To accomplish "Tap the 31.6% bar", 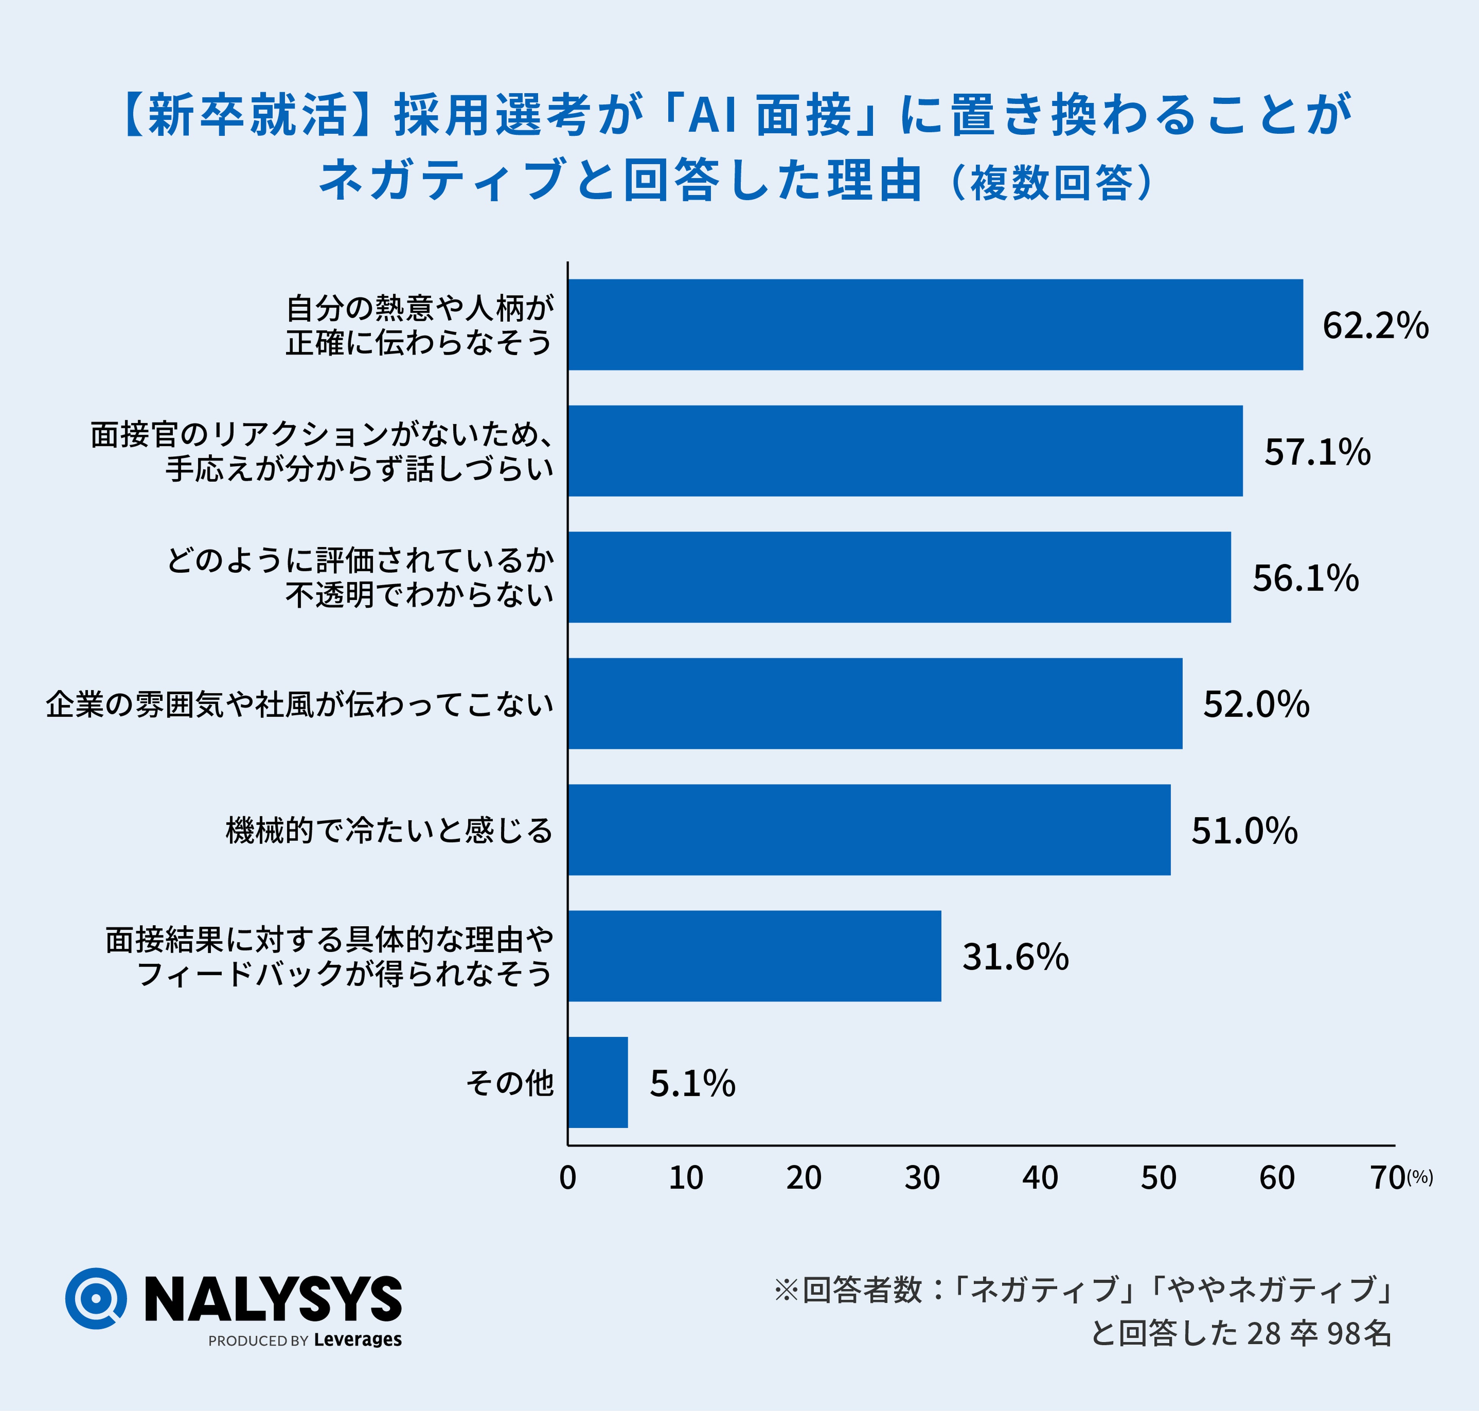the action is pyautogui.click(x=755, y=956).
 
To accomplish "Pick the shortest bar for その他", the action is pyautogui.click(x=598, y=1082).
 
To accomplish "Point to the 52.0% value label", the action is pyautogui.click(x=1256, y=705).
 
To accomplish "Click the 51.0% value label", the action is pyautogui.click(x=1244, y=831).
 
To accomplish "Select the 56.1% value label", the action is pyautogui.click(x=1305, y=578).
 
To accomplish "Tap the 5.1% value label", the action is pyautogui.click(x=692, y=1084).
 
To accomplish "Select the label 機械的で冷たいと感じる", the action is pyautogui.click(x=389, y=830).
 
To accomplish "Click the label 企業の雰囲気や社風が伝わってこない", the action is pyautogui.click(x=299, y=704).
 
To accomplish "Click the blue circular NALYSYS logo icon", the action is pyautogui.click(x=96, y=1299).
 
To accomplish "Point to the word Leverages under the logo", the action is pyautogui.click(x=358, y=1340).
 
